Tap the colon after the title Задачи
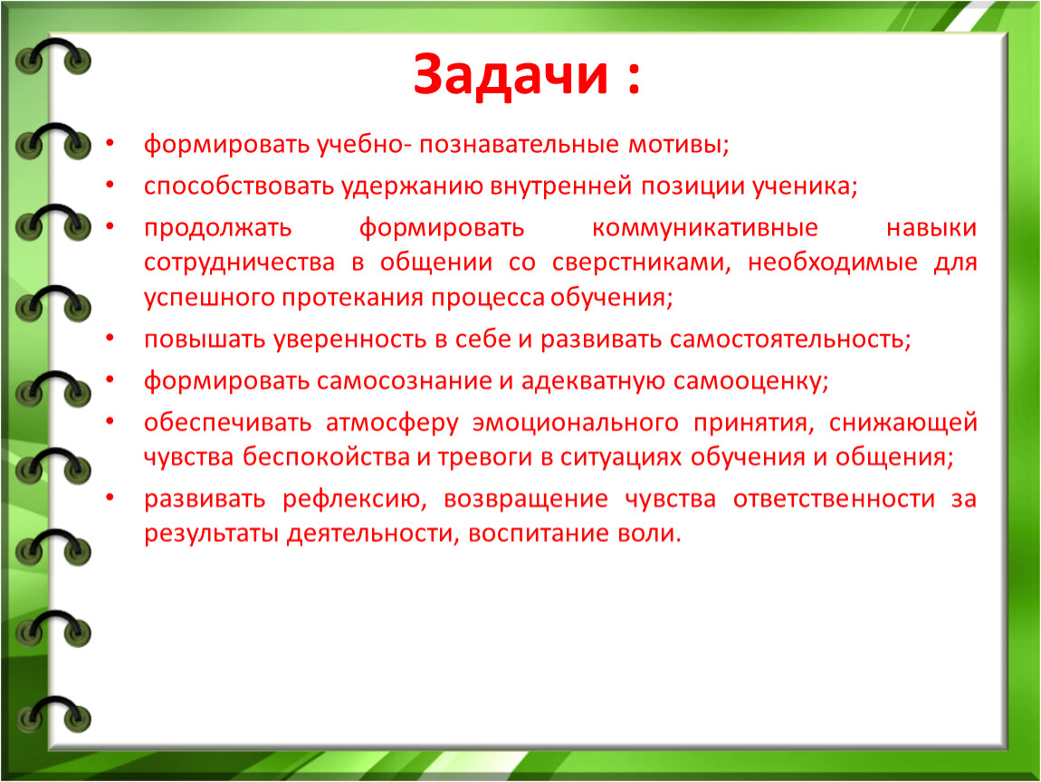click(634, 77)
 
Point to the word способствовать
click(239, 186)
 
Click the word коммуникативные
click(704, 228)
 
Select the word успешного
click(209, 298)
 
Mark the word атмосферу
click(392, 423)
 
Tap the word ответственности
click(834, 500)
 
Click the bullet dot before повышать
click(110, 338)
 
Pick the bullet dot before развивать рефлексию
click(110, 497)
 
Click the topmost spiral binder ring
click(53, 56)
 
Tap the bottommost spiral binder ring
click(53, 716)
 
